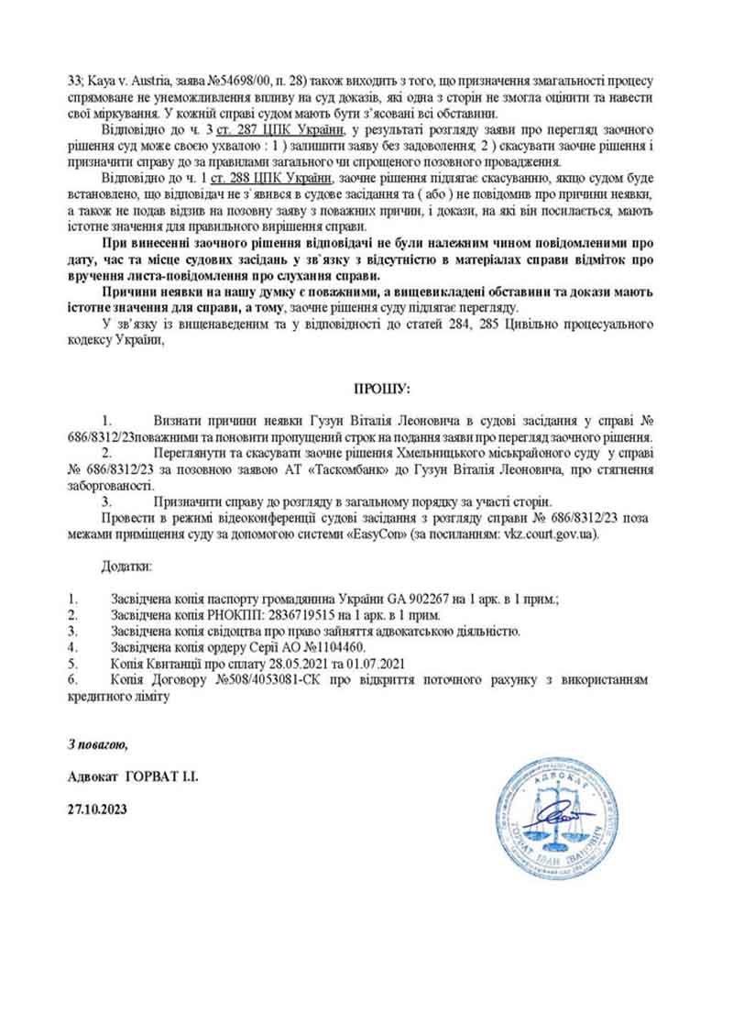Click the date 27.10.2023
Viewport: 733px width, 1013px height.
[98, 809]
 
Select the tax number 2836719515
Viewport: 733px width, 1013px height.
[288, 613]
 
